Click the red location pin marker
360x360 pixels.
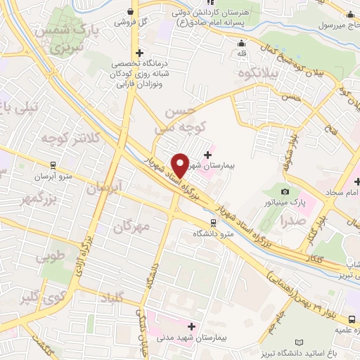180,165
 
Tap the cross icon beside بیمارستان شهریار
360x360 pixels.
207,154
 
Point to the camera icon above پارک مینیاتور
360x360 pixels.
285,191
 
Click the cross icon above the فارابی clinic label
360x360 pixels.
139,53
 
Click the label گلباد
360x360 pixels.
112,297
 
